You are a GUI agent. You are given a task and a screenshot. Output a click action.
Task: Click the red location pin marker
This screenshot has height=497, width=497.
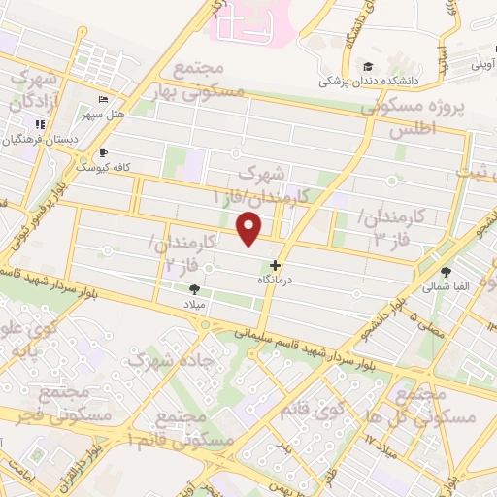(250, 229)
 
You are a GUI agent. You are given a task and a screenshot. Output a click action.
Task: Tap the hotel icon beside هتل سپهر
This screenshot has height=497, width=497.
(105, 100)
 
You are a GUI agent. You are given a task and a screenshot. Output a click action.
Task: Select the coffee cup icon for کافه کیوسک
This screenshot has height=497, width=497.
(104, 152)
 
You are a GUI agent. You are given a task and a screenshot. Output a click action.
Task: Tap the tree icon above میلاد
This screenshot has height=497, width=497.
(194, 288)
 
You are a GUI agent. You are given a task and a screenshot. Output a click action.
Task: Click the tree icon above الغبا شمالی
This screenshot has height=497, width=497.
(447, 273)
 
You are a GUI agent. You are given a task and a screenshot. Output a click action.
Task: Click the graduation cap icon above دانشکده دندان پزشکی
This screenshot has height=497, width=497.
(368, 66)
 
